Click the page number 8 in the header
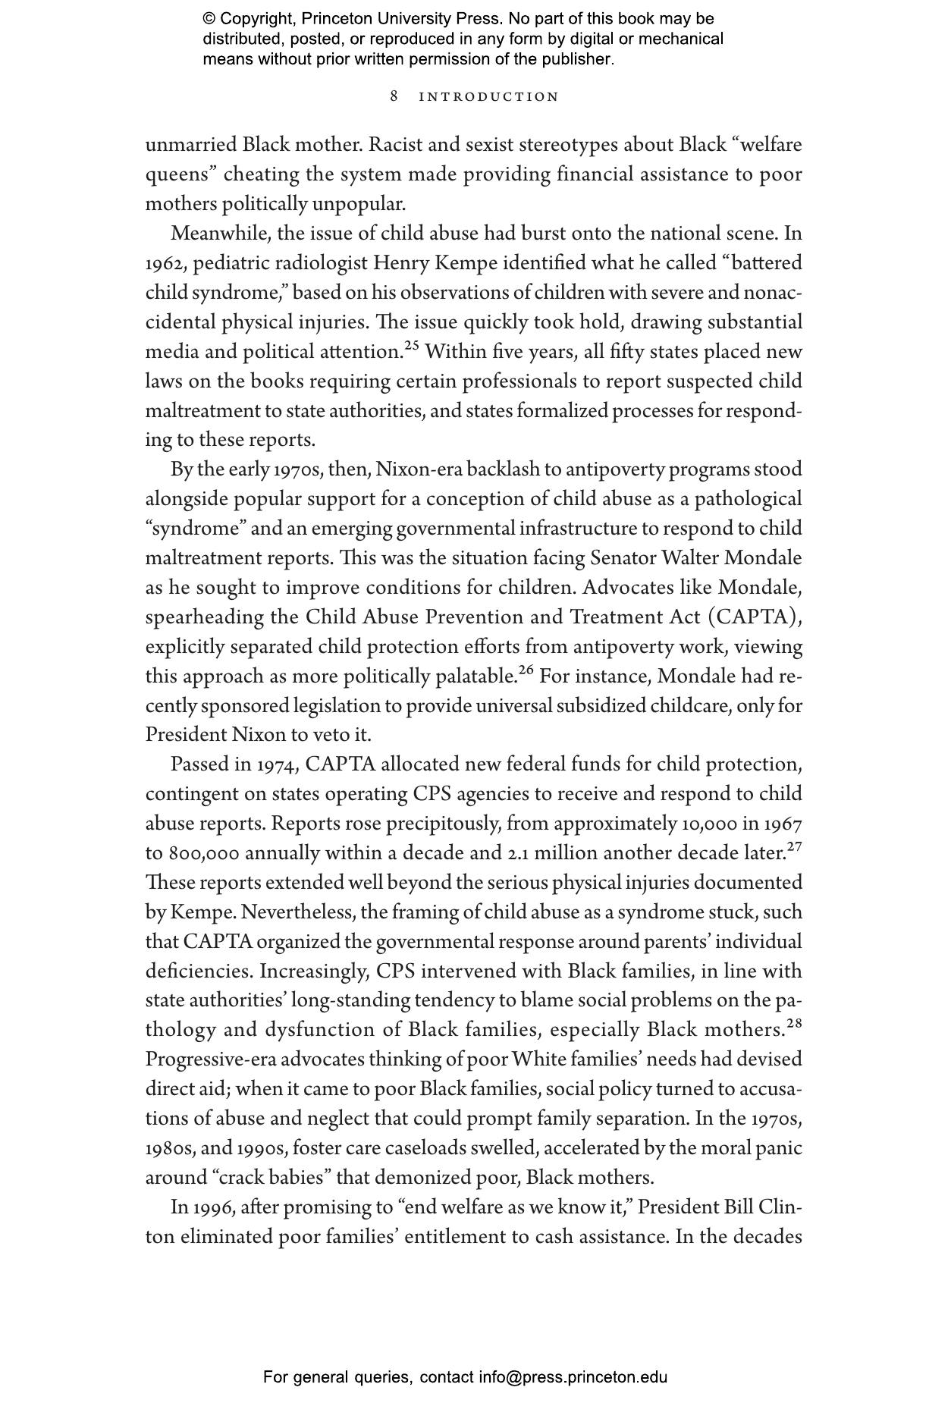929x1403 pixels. pyautogui.click(x=394, y=96)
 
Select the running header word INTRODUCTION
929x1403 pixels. pyautogui.click(x=489, y=97)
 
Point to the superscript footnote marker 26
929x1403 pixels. pyautogui.click(x=526, y=670)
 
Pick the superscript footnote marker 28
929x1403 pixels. pyautogui.click(x=794, y=1024)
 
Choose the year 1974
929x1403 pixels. pyautogui.click(x=276, y=764)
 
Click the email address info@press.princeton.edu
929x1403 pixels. pyautogui.click(x=573, y=1377)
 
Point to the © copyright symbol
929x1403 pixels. pyautogui.click(x=209, y=19)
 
